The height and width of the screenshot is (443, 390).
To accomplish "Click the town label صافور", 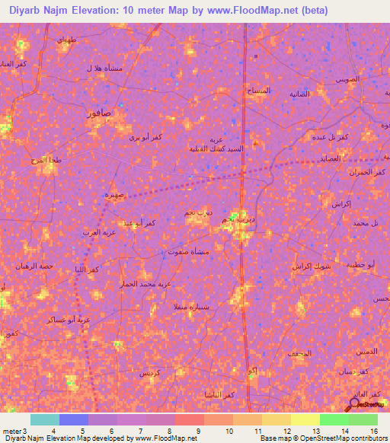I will (x=100, y=113).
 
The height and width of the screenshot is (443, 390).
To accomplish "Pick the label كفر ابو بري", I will (x=145, y=138).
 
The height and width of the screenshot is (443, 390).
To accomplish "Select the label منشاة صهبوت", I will (x=186, y=250).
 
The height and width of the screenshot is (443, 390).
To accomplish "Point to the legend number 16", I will (x=373, y=432).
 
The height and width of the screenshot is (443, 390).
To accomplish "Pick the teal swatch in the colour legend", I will (x=45, y=419).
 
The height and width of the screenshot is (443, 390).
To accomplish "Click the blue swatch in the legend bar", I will (x=74, y=419).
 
